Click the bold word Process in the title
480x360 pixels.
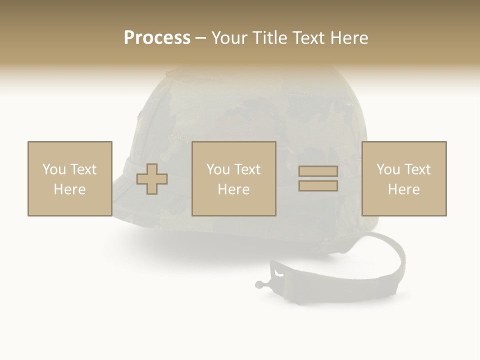coord(157,38)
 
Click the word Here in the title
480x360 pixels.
coord(350,38)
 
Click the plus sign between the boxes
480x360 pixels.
coord(152,179)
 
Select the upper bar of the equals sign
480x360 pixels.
coord(318,171)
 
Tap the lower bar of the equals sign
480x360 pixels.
coord(318,185)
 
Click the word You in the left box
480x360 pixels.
coord(53,169)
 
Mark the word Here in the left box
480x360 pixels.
coord(69,189)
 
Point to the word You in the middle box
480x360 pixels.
coord(218,169)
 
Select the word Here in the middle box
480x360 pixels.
coord(233,189)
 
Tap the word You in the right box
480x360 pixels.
coord(388,169)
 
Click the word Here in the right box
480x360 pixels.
coord(403,189)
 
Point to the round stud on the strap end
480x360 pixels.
coord(259,285)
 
